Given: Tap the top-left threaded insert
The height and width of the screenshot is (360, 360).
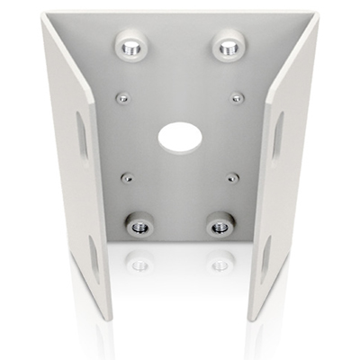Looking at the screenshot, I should click(x=130, y=44).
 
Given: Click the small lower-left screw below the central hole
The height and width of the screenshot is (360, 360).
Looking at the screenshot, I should click(x=128, y=177).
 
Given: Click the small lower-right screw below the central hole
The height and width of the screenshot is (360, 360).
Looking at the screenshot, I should click(x=232, y=177).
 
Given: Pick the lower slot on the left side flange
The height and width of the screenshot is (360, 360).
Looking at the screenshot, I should click(x=94, y=256).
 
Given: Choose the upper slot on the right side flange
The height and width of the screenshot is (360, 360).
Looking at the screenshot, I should click(x=277, y=135).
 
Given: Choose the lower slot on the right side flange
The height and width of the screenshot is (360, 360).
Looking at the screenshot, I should click(x=265, y=256).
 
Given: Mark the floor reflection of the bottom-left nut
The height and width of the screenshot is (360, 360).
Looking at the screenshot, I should click(x=139, y=262).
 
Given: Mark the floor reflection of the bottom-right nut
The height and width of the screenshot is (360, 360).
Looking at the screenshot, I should click(x=218, y=262).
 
